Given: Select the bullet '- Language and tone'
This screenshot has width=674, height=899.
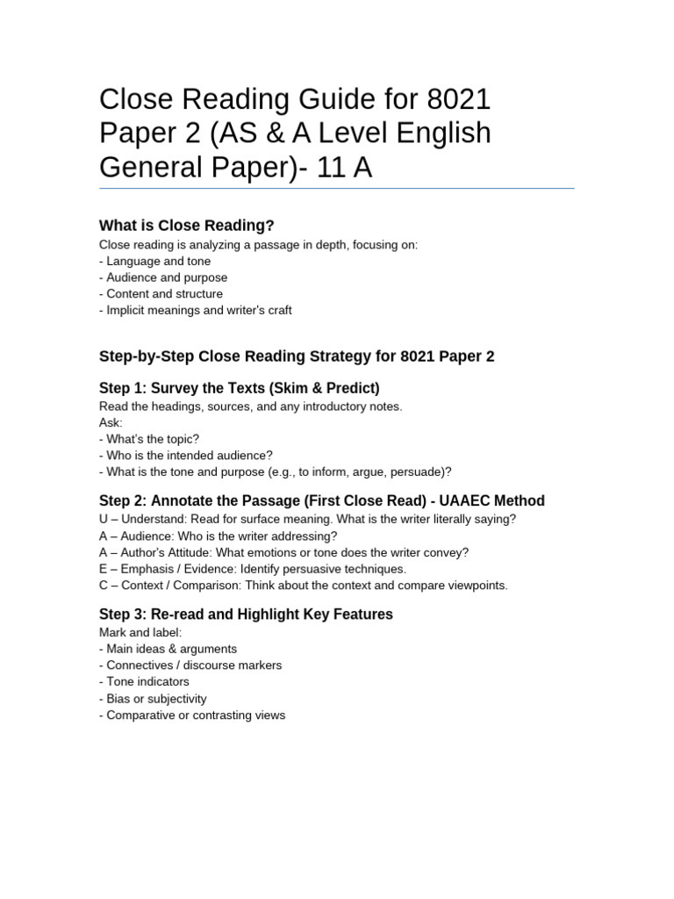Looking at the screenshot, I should coord(155,261).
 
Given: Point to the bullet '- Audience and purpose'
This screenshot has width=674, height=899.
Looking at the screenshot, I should coord(163,277).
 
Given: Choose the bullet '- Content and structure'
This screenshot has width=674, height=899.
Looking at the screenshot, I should coord(161,293).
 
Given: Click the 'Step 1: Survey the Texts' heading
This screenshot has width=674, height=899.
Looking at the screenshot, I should coord(239,388).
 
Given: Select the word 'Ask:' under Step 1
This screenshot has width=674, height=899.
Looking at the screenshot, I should coord(111,422).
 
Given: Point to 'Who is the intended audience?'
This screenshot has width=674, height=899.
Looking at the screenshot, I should coord(190,455).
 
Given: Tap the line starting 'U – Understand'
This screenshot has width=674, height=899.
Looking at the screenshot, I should coord(307,519).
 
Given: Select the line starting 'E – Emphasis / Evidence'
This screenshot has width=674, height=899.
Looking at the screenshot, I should coord(253,569).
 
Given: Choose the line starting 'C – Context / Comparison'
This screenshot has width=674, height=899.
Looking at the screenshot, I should coord(304,586).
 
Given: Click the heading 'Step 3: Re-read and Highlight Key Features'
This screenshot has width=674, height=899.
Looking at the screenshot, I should coord(246,614).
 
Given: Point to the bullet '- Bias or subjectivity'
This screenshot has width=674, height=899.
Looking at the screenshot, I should coord(153,699).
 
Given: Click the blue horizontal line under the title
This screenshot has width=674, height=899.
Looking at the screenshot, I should coord(337,188).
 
